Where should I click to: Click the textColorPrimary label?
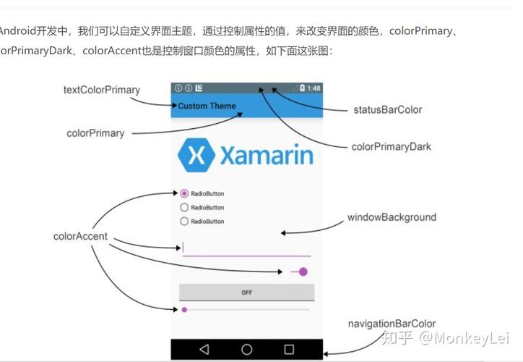(x=102, y=90)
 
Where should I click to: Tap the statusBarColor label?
(x=387, y=110)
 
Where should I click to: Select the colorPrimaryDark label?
(x=391, y=146)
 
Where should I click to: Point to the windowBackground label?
(x=392, y=217)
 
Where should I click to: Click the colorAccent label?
(x=80, y=236)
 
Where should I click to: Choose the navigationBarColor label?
(x=392, y=324)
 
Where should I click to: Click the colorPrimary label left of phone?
(x=95, y=133)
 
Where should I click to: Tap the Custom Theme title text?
(x=207, y=106)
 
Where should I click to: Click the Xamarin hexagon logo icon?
(x=196, y=155)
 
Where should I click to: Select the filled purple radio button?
(x=184, y=193)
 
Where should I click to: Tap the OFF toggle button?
(x=246, y=292)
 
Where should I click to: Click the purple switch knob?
(x=303, y=271)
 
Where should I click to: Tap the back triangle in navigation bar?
(x=204, y=350)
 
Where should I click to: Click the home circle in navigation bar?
(x=246, y=350)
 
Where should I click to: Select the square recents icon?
(x=289, y=350)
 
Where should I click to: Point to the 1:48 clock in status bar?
(x=314, y=88)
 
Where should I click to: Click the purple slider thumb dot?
(x=184, y=310)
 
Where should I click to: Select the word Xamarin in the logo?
(x=266, y=156)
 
